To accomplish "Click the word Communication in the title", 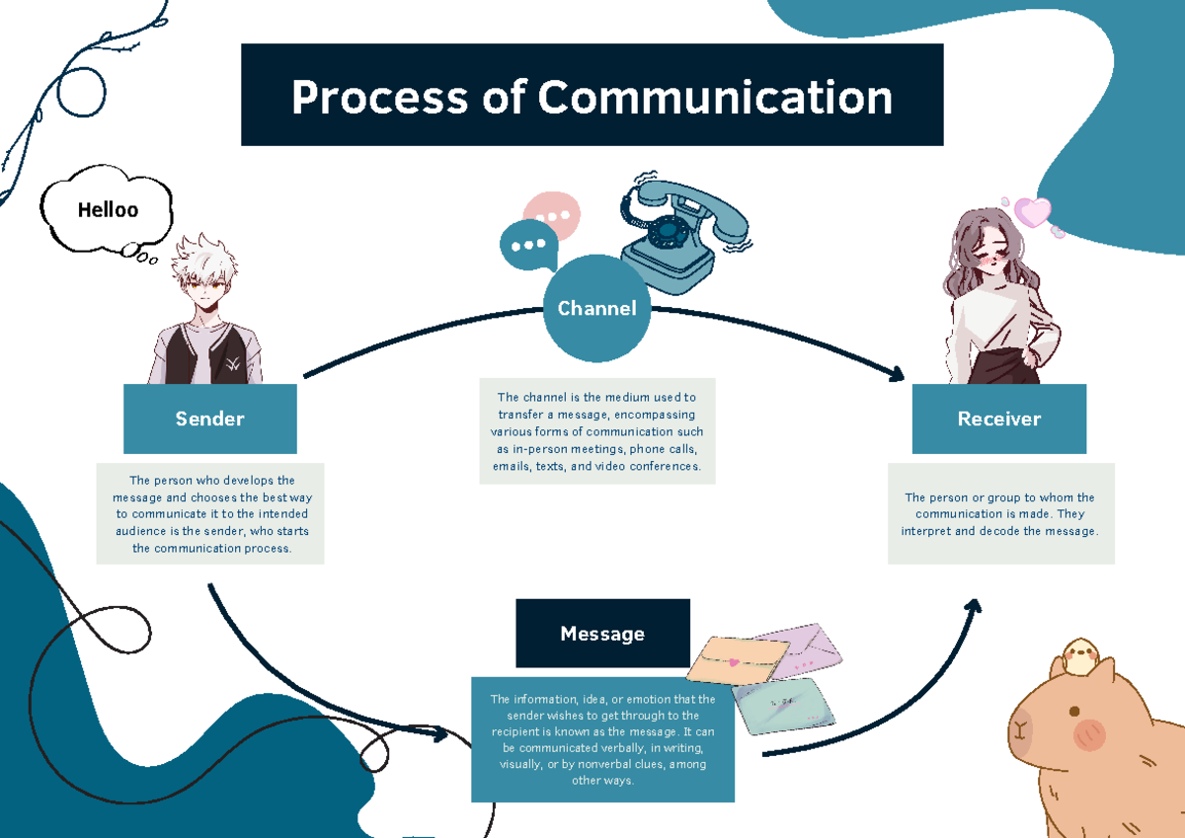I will pos(715,97).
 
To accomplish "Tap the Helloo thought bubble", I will pos(108,209).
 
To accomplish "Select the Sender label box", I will pos(209,419).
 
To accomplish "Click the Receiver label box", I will pos(998,419).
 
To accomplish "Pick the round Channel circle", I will pos(596,308).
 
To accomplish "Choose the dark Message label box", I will pos(602,634).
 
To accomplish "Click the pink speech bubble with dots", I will pos(553,212).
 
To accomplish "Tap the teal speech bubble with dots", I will pos(527,245).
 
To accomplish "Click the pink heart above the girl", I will pos(1033,211).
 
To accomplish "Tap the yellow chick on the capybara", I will pos(1079,654).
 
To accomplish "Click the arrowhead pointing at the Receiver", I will pos(897,374).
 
